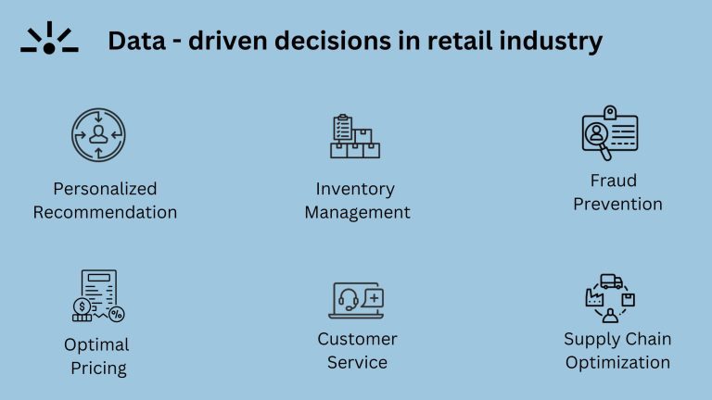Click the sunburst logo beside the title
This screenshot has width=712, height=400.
pos(49,39)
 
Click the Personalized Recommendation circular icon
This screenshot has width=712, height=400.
pos(98,135)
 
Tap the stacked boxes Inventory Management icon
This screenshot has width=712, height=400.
pos(355,136)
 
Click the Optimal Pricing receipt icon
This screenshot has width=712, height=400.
pos(98,296)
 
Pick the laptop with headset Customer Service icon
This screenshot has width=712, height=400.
pos(356,299)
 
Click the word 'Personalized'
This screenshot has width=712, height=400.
pos(105,189)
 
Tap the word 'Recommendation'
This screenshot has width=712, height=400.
pos(105,212)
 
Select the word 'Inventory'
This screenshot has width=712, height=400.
pos(355,189)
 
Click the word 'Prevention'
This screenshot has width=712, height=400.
pos(617,204)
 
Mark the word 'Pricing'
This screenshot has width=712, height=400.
pos(98,368)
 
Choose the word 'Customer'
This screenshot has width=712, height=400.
pos(357,339)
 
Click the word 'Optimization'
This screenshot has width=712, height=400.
pos(617,362)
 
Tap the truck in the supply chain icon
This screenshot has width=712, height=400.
pos(611,281)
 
